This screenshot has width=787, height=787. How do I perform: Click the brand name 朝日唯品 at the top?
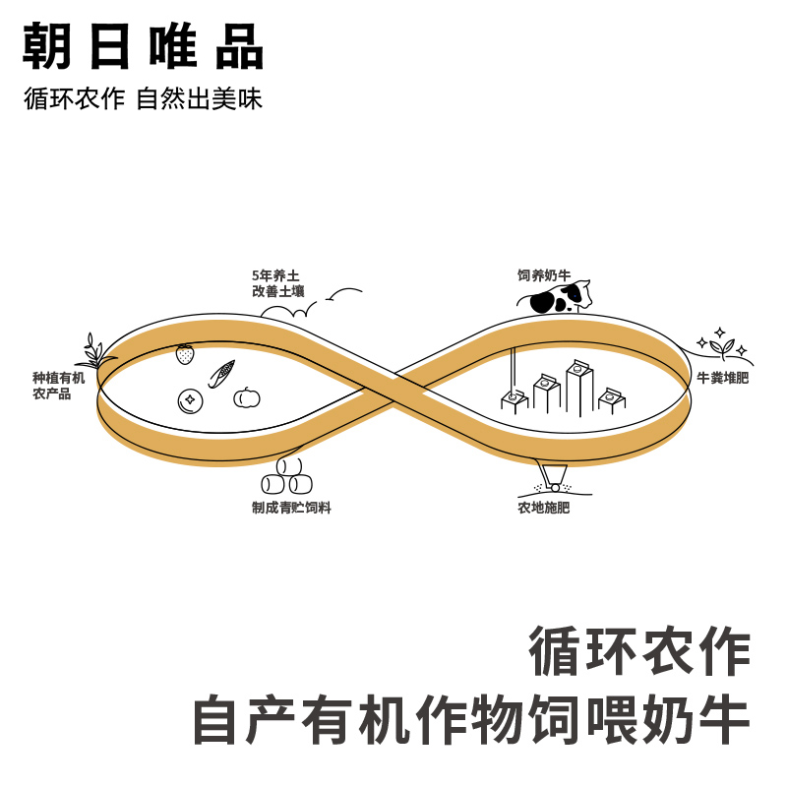(x=144, y=46)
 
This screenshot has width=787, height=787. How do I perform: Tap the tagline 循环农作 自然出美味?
(x=144, y=99)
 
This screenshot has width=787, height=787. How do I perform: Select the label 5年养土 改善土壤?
(x=277, y=283)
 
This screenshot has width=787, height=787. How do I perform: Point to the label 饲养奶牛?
(x=544, y=275)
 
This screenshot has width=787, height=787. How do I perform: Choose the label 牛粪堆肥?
(x=722, y=377)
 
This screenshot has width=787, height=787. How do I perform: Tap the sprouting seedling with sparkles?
(x=722, y=346)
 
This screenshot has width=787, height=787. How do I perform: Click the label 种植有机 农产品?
(x=58, y=385)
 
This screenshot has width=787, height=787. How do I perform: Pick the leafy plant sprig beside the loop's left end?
(x=94, y=352)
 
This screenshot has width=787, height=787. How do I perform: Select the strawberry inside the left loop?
(x=185, y=354)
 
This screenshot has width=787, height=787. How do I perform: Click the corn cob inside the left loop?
(x=221, y=374)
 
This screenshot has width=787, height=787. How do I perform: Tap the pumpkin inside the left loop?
(x=247, y=397)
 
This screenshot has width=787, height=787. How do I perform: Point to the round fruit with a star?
(x=190, y=400)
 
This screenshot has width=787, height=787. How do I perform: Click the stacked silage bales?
(x=287, y=477)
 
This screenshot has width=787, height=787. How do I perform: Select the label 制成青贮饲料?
(x=291, y=508)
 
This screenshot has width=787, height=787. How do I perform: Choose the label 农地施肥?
(x=543, y=508)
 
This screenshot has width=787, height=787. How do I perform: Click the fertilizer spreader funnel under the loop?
(x=553, y=476)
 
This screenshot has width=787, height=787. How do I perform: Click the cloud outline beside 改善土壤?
(x=291, y=311)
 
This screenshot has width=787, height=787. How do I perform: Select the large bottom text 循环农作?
(x=640, y=651)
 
